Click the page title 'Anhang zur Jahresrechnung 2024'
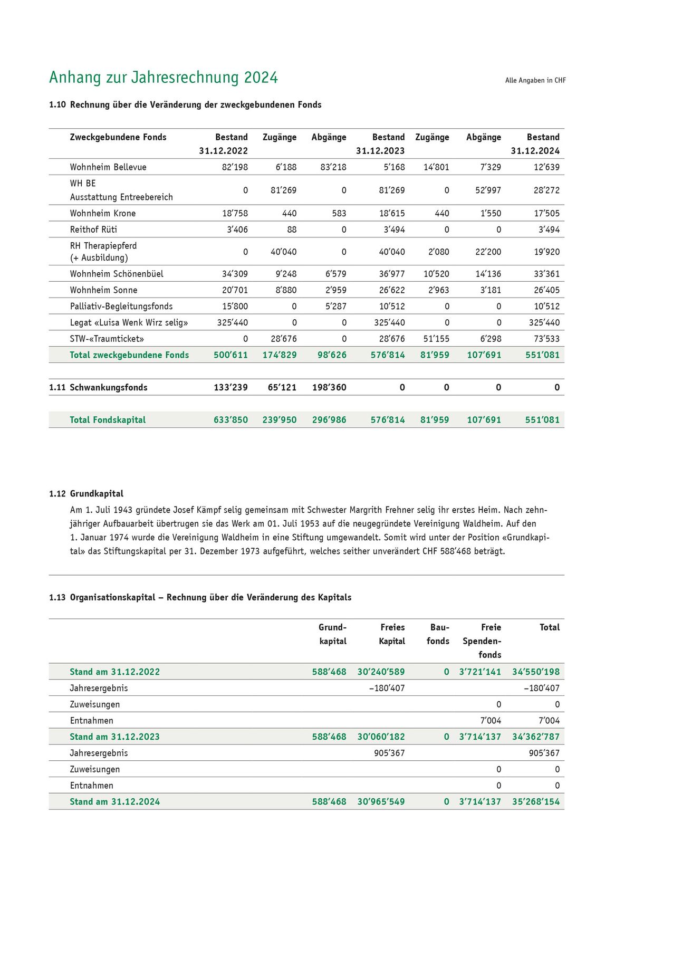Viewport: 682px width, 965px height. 163,78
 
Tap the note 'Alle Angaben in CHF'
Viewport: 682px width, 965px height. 535,81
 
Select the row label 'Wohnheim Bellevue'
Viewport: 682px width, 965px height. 108,167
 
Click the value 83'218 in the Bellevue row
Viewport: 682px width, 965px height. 333,167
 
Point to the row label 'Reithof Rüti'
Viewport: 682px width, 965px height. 93,230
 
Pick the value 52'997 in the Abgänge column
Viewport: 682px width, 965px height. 488,190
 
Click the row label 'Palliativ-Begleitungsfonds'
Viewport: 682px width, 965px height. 121,307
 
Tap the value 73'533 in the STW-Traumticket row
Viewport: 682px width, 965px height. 546,339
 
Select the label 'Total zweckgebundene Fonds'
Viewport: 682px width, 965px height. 129,355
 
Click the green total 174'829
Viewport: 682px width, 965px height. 280,355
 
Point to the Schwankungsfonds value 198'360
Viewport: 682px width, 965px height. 329,387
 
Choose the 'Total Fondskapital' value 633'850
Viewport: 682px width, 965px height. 230,420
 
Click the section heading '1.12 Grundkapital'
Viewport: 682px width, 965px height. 86,494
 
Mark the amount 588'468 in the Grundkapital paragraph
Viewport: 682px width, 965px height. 455,551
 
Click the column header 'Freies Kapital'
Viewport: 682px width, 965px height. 392,634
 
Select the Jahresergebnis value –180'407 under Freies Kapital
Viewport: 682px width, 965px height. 387,688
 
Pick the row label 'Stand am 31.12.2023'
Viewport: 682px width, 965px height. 114,737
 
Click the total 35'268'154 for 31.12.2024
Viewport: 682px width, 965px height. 535,801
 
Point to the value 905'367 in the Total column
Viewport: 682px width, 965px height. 544,753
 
